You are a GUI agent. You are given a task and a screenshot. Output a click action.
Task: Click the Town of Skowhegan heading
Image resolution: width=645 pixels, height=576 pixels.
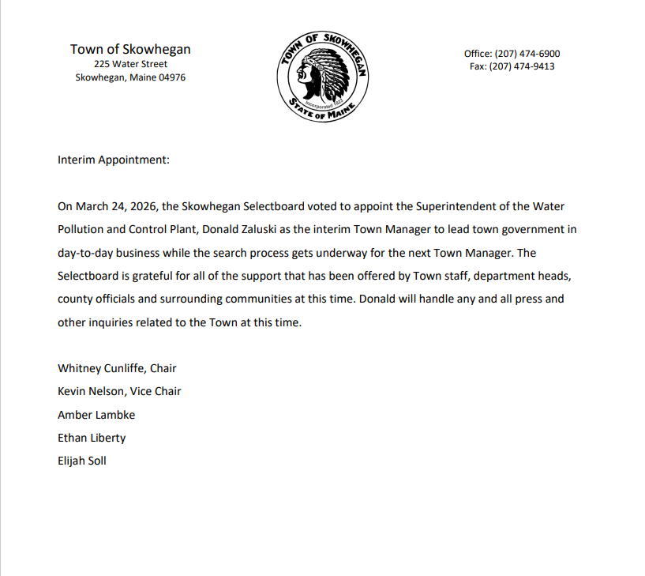[130, 49]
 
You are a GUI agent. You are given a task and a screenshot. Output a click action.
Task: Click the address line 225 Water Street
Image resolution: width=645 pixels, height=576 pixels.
[130, 64]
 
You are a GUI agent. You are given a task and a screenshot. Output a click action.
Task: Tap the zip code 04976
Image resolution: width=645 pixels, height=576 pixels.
[171, 78]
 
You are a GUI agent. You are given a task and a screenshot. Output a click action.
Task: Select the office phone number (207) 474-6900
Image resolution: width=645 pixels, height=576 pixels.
[527, 54]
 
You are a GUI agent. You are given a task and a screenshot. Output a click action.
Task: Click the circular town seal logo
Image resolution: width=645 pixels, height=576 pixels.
[322, 77]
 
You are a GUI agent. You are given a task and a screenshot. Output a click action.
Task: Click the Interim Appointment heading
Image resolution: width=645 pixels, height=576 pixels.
[114, 160]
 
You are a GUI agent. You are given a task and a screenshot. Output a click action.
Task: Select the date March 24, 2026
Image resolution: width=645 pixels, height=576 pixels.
[116, 206]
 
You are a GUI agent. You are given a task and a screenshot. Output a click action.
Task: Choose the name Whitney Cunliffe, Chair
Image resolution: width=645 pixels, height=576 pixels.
[117, 368]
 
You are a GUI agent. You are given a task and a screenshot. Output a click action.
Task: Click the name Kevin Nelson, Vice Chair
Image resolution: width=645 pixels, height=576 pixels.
[119, 391]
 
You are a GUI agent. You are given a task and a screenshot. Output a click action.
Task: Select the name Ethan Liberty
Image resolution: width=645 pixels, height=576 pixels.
[92, 438]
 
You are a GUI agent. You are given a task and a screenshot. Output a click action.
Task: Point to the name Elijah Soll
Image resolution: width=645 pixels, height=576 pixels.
[82, 461]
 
